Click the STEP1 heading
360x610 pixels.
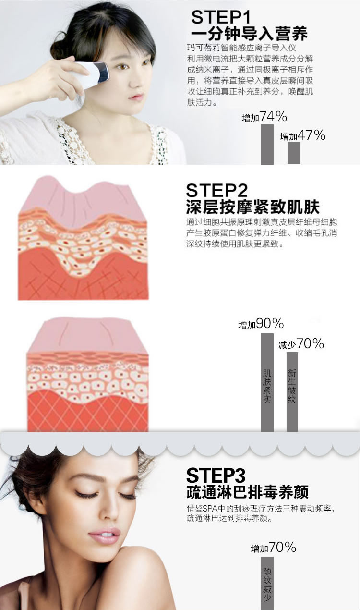click(221, 17)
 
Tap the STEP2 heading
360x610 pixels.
click(217, 190)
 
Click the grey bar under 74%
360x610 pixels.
click(267, 144)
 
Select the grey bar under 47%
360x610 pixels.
click(294, 153)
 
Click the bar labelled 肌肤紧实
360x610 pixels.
click(267, 383)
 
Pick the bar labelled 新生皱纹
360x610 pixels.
click(292, 392)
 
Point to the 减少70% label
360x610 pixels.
click(301, 344)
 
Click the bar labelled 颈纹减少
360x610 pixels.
click(267, 583)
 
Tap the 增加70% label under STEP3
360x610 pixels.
click(274, 547)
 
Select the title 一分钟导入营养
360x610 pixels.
click(249, 34)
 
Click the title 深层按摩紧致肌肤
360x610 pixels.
click(253, 207)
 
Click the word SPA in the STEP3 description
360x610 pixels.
click(211, 509)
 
